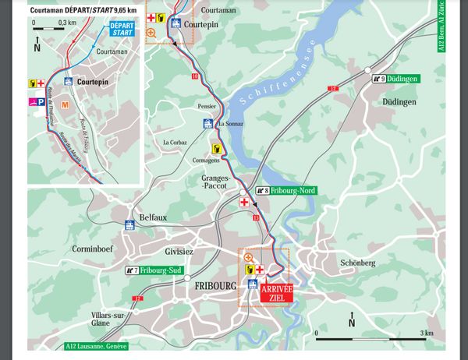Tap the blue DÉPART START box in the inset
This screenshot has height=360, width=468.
tap(122, 30)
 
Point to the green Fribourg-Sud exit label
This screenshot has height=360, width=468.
tap(159, 270)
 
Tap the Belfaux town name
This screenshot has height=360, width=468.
tap(153, 217)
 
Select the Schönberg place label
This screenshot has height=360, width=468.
tap(358, 263)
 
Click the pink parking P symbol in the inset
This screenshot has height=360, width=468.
tap(37, 101)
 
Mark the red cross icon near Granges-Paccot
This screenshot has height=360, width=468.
tap(244, 203)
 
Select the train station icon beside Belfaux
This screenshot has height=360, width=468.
tap(129, 226)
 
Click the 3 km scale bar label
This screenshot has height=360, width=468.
tap(427, 333)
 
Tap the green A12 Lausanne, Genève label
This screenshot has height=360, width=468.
tap(97, 346)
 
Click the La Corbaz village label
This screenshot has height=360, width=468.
tap(175, 143)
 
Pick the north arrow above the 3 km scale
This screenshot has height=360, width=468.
tap(351, 317)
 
